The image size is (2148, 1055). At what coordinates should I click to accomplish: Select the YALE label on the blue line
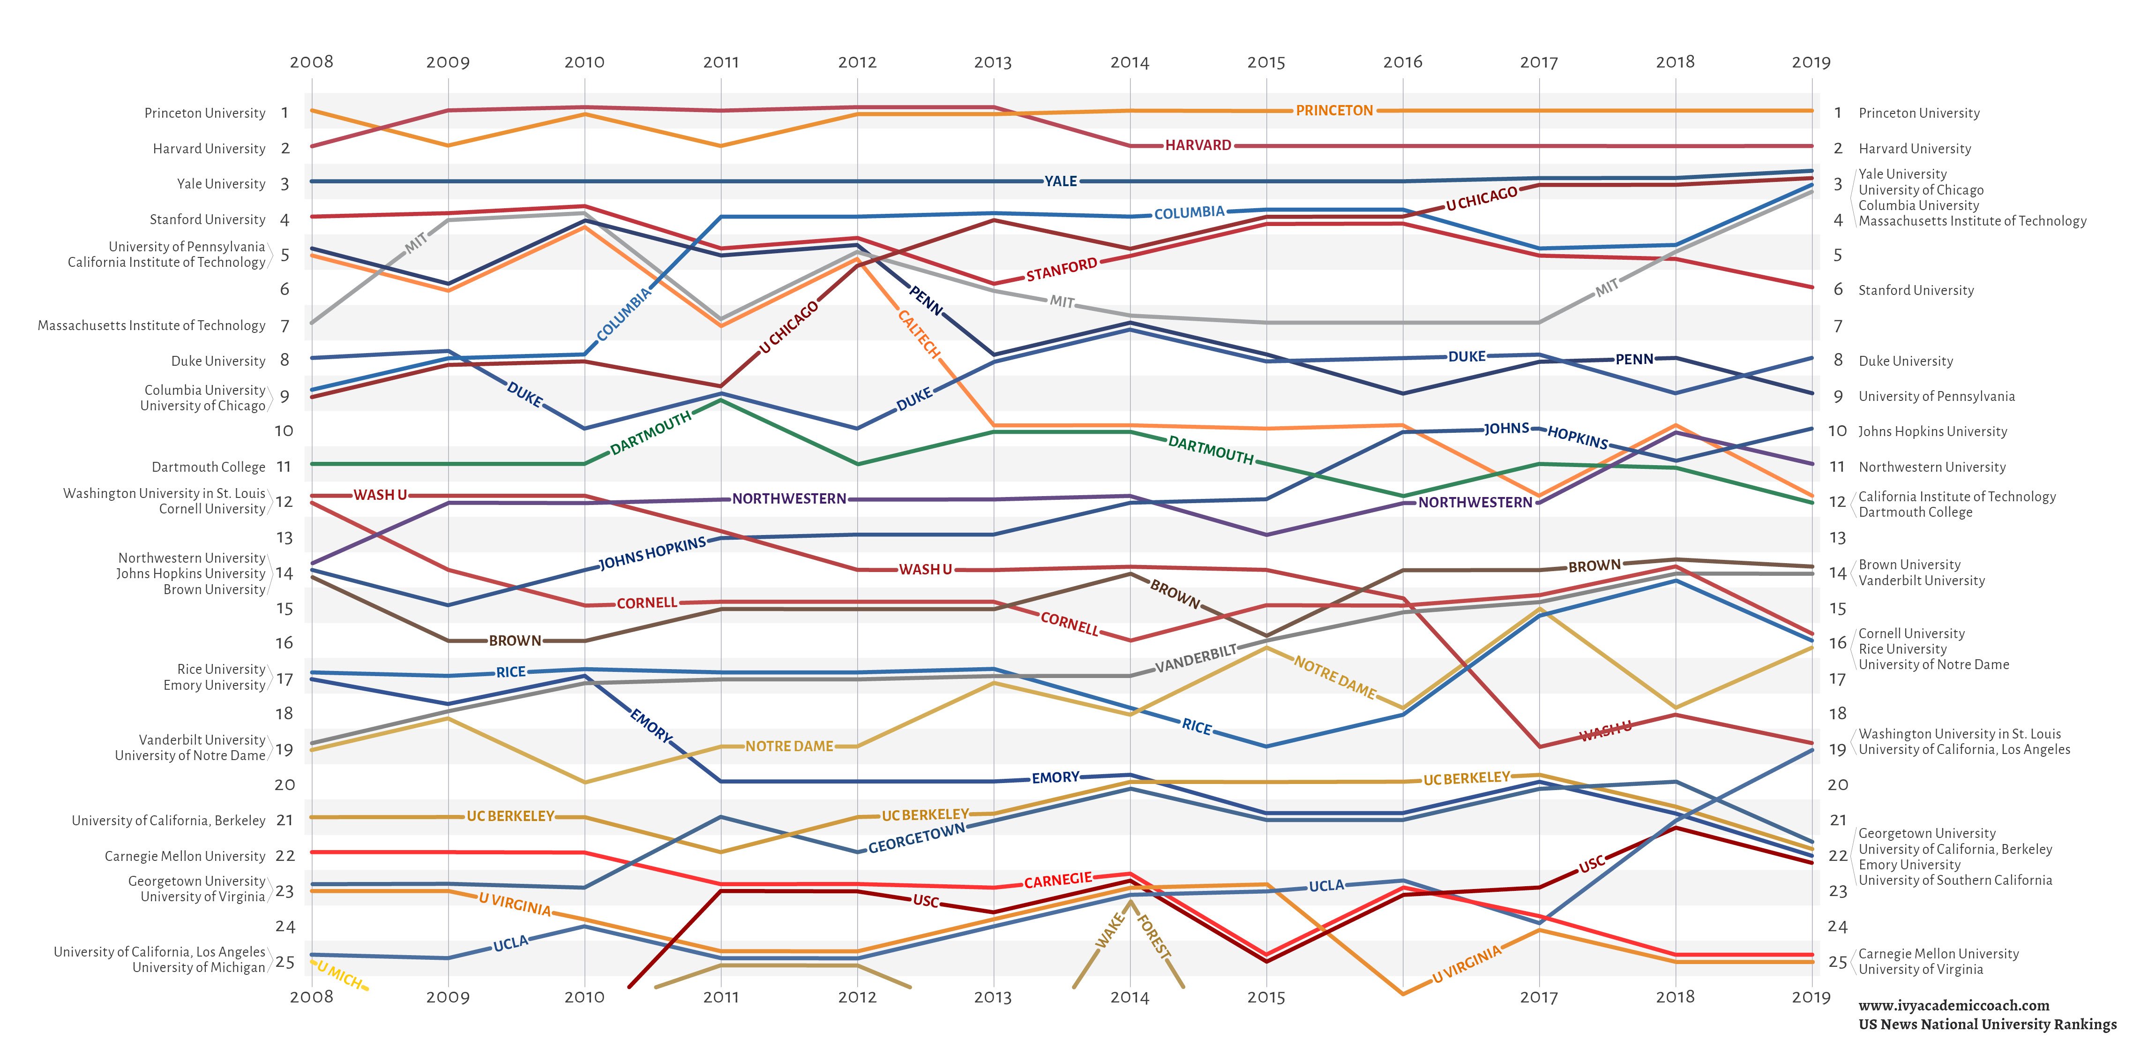(1061, 181)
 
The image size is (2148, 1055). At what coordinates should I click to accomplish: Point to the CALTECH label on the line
(919, 333)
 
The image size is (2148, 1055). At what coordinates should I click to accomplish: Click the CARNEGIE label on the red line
(1057, 880)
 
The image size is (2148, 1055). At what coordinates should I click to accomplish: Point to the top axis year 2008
(311, 62)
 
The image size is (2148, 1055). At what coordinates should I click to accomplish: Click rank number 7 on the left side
(284, 326)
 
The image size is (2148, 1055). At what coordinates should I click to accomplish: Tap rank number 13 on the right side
(1837, 538)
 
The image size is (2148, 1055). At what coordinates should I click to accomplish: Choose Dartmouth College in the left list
(209, 467)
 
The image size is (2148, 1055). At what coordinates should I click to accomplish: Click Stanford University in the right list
(1916, 290)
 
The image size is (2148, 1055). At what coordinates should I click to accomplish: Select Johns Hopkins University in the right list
(1932, 431)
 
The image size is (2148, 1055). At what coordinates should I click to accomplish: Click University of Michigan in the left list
(198, 967)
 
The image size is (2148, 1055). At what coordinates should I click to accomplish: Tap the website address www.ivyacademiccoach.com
(1953, 1006)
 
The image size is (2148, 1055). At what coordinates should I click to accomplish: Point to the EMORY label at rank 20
(1055, 777)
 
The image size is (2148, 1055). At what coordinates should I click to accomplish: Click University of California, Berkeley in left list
(168, 821)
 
